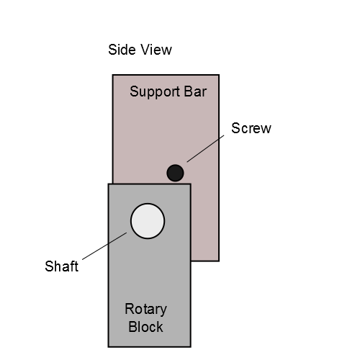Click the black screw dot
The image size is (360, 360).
(175, 173)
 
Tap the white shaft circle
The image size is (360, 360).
(148, 221)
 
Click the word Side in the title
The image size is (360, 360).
(122, 50)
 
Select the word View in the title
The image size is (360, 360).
(156, 50)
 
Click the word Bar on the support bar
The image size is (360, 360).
(195, 91)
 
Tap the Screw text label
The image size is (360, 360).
(251, 128)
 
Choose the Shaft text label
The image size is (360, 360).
(62, 266)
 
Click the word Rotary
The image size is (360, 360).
(145, 310)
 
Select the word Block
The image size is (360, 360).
(145, 327)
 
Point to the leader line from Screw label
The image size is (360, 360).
(205, 148)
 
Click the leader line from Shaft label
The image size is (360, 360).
(104, 246)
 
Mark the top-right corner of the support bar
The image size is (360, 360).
(219, 75)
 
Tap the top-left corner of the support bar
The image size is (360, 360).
(113, 75)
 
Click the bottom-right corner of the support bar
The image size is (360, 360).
(219, 261)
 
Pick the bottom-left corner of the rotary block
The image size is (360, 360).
(109, 347)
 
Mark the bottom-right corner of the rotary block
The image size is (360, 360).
(191, 347)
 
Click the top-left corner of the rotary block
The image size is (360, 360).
(109, 184)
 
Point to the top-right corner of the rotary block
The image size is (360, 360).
(191, 184)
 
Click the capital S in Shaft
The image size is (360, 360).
(49, 266)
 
